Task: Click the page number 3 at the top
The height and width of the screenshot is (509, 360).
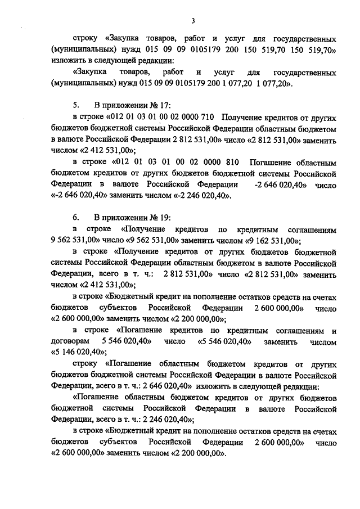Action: [x=192, y=21]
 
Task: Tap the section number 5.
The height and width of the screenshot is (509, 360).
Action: [x=76, y=105]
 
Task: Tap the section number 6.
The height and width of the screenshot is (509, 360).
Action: [x=76, y=217]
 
